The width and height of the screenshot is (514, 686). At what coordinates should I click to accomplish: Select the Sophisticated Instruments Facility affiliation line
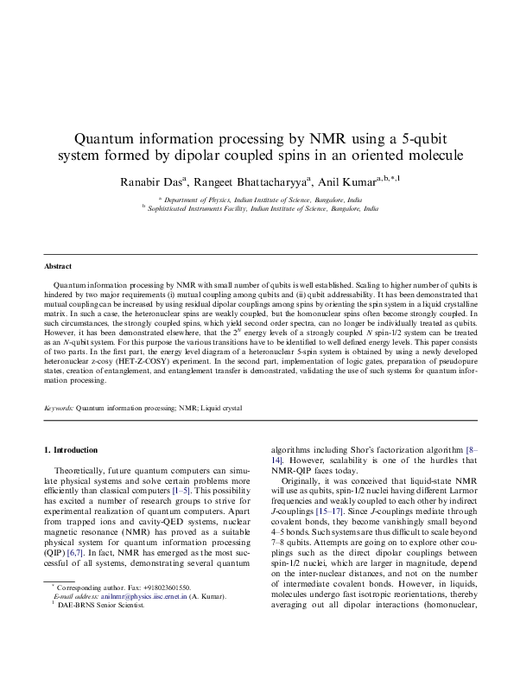click(263, 209)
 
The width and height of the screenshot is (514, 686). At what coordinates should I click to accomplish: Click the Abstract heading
click(58, 267)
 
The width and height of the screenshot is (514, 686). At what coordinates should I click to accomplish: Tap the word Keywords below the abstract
click(59, 407)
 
